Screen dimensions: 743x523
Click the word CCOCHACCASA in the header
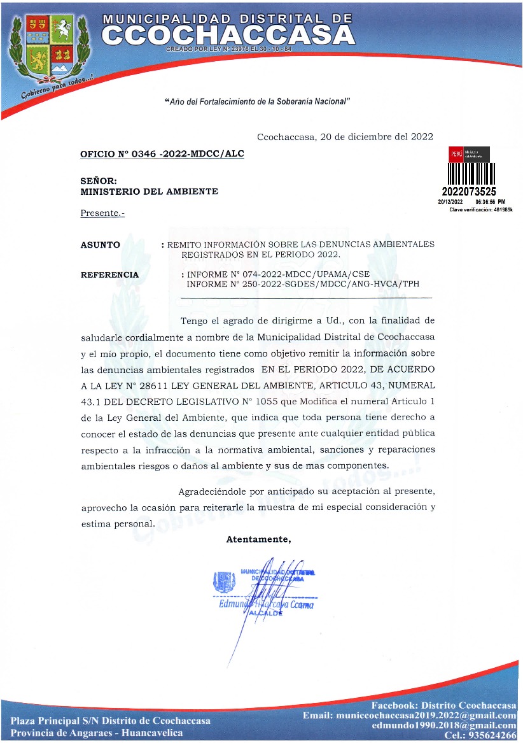228,34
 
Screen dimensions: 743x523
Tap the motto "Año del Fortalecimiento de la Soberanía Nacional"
258,102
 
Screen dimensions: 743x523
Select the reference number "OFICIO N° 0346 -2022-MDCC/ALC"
162,154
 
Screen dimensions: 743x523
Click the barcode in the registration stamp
471,173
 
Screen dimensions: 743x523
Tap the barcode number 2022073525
469,191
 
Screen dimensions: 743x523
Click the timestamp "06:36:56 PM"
490,201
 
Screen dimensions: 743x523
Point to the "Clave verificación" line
481,209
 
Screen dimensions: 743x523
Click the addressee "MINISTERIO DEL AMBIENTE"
149,192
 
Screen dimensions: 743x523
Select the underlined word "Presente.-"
102,213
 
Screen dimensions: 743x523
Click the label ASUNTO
100,244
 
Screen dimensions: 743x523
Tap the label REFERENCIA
109,275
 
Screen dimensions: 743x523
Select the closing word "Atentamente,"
258,540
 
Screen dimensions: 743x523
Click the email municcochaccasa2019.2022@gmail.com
409,716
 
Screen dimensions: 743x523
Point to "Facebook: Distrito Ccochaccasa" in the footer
443,706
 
